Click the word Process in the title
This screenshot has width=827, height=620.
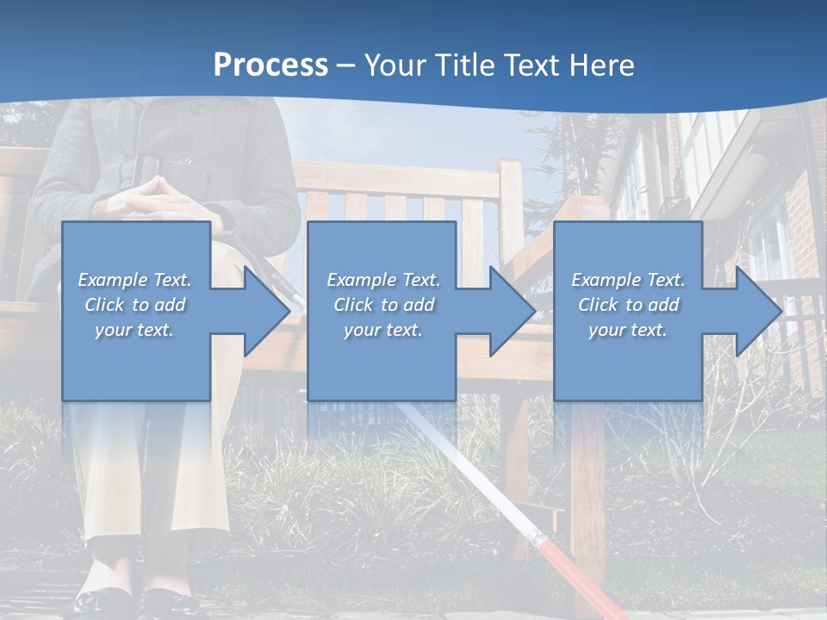tap(270, 65)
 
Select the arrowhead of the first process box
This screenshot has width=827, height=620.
tap(266, 311)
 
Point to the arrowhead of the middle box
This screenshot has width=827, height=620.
tap(512, 311)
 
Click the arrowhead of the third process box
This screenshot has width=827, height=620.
tap(758, 311)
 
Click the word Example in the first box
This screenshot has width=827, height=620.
tap(112, 280)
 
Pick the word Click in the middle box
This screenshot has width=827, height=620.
tap(353, 305)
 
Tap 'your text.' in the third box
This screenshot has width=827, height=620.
tap(627, 330)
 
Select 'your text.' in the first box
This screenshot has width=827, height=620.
tap(134, 330)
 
